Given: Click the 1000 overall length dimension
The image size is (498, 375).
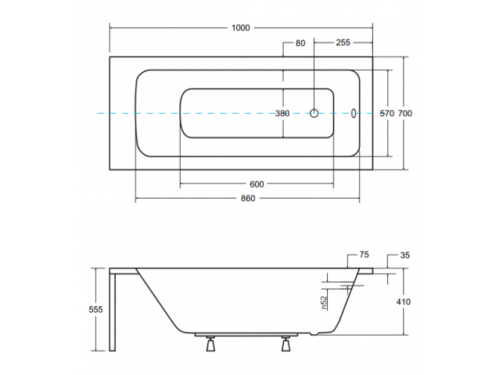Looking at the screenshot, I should pyautogui.click(x=240, y=28).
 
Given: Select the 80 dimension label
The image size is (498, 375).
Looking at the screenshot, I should pyautogui.click(x=300, y=43).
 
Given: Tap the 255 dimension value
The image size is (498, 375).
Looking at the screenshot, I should pyautogui.click(x=343, y=43).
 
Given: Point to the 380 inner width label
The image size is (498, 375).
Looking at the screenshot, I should pyautogui.click(x=282, y=114).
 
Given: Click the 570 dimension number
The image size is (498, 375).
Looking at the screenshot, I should pyautogui.click(x=387, y=114).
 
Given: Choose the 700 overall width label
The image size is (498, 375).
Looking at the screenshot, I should pyautogui.click(x=405, y=114).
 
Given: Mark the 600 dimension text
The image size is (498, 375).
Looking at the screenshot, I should pyautogui.click(x=256, y=184).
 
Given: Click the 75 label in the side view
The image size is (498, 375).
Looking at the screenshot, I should pyautogui.click(x=364, y=255).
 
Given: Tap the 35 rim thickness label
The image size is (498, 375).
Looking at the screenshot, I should pyautogui.click(x=405, y=255).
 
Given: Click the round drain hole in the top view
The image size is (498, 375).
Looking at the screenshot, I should pyautogui.click(x=314, y=114).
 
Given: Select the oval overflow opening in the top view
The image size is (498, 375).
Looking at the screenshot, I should pyautogui.click(x=355, y=114).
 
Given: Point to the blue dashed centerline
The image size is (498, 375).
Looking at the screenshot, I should pyautogui.click(x=223, y=114).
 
